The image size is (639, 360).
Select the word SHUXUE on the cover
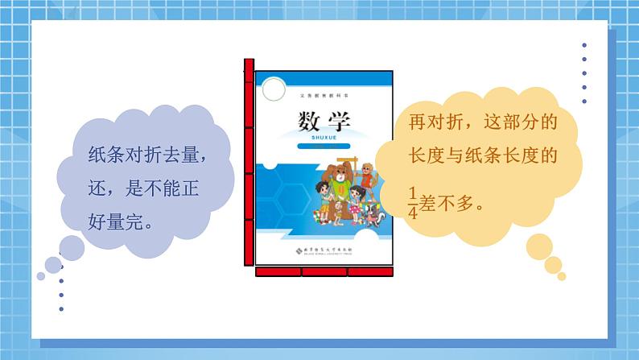click(x=324, y=139)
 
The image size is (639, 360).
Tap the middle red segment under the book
click(x=324, y=271)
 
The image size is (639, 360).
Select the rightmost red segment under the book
click(x=370, y=271)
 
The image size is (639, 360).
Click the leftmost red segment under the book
click(x=278, y=271)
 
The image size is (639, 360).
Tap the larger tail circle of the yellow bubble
click(x=539, y=249)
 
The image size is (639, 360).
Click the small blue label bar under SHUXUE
click(x=324, y=147)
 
